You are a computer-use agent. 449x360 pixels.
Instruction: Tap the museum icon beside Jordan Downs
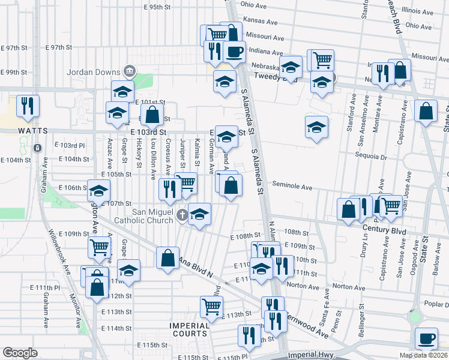tap(128, 73)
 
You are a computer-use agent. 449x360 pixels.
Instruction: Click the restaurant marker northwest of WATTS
tap(28, 106)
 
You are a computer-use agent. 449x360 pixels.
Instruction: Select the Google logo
tap(20, 353)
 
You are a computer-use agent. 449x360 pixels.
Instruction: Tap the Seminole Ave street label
tap(294, 187)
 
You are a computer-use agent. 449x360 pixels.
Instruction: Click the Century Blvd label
tap(384, 231)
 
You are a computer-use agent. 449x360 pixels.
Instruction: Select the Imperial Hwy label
tap(310, 355)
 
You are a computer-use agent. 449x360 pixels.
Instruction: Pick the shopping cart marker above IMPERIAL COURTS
tap(211, 306)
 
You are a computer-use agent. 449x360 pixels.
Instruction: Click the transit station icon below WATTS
tap(37, 148)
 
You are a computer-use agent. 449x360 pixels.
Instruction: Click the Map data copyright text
tap(423, 355)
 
